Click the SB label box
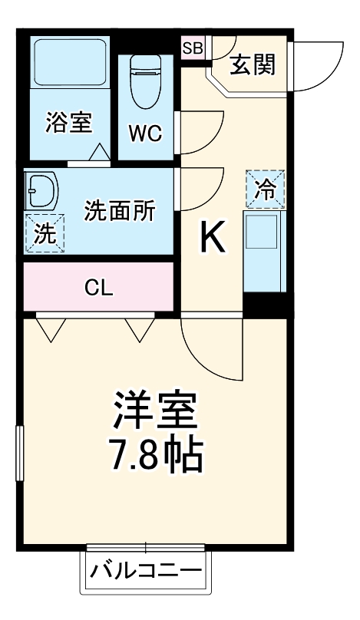click(x=193, y=48)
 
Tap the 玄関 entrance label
click(x=252, y=65)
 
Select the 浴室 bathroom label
click(x=69, y=123)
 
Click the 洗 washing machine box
click(x=45, y=233)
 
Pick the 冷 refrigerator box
click(x=264, y=189)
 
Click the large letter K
click(x=213, y=239)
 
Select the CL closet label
click(x=99, y=288)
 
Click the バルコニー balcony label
click(x=146, y=571)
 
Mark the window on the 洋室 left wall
click(x=20, y=456)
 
